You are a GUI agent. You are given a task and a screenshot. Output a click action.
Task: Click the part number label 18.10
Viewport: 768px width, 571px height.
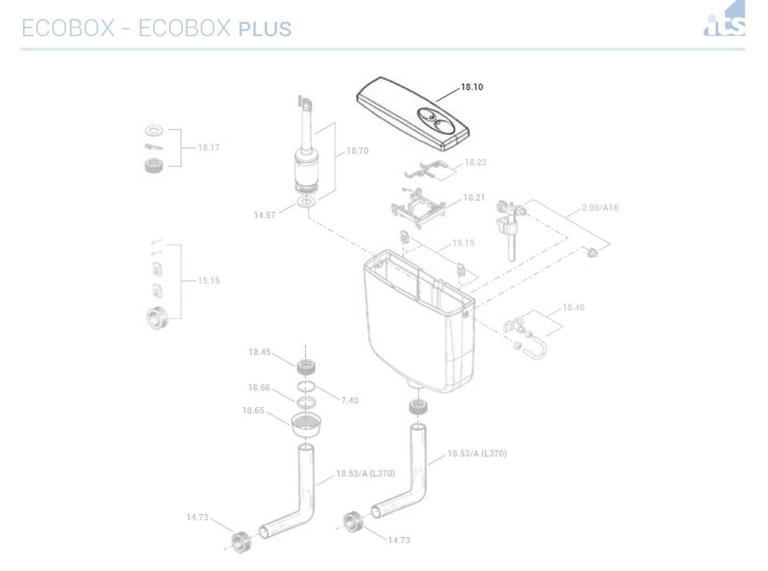(x=472, y=87)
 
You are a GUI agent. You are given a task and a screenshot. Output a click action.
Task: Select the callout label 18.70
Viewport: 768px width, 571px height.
(x=357, y=151)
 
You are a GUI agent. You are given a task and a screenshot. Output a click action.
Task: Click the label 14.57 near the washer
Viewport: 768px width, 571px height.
(x=264, y=215)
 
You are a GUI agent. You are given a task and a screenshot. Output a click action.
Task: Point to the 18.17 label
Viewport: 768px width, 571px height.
(x=208, y=147)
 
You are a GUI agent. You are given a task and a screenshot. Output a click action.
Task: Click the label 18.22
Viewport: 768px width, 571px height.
(x=475, y=162)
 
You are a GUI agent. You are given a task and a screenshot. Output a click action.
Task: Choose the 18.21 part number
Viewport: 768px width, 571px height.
(x=473, y=198)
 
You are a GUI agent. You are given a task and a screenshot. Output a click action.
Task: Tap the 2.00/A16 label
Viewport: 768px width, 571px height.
(x=600, y=207)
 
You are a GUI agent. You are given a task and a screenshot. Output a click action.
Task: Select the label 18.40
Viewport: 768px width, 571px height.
(x=573, y=307)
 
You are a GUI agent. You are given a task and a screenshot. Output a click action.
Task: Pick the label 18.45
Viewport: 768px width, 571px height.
(x=259, y=352)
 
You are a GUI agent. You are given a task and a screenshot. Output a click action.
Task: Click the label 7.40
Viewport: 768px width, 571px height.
(x=349, y=400)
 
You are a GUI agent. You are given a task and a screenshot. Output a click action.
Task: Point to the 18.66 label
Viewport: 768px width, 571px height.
(x=259, y=387)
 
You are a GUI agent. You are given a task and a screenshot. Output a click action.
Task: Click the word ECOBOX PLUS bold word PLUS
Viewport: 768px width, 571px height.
(x=265, y=29)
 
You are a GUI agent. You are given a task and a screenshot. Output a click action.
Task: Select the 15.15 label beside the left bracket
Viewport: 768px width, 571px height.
(x=208, y=280)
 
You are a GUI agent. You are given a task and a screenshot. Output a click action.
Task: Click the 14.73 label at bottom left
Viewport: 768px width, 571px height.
(x=197, y=517)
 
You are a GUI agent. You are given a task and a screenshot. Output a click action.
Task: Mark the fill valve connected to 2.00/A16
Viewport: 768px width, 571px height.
(x=510, y=228)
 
